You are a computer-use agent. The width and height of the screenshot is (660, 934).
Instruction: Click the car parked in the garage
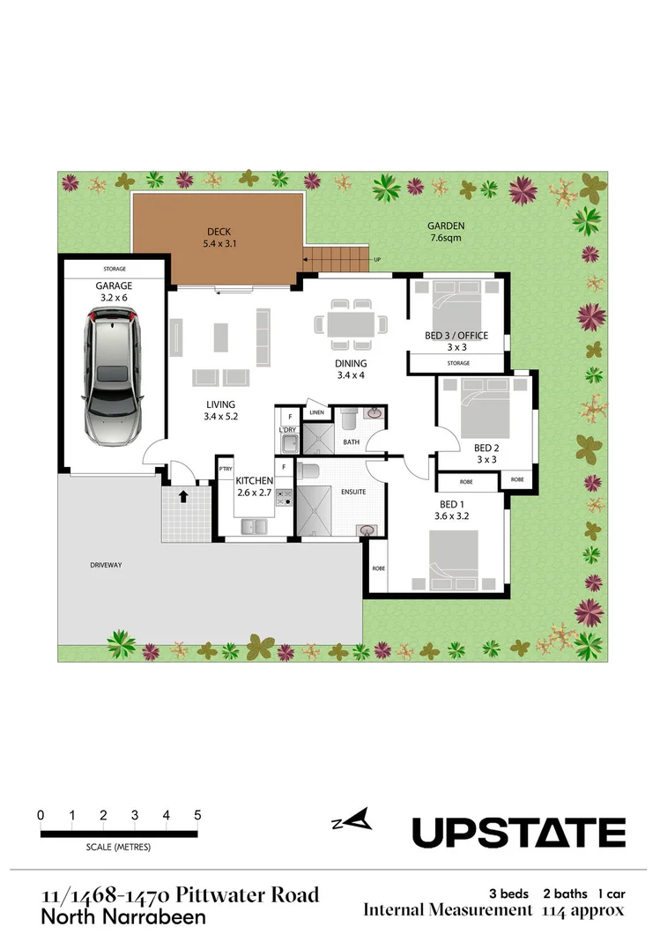click(x=113, y=376)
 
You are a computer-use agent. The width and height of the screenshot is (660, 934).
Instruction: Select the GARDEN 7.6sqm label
click(x=447, y=232)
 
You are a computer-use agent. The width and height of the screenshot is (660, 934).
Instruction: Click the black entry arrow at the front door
click(x=183, y=497)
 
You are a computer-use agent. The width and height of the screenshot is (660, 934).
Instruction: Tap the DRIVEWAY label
click(x=106, y=565)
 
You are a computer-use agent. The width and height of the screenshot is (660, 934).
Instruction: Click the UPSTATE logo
click(x=519, y=832)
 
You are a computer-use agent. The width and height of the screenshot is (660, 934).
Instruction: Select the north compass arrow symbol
click(x=352, y=821)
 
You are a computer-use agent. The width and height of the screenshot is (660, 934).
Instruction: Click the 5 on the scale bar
click(x=197, y=815)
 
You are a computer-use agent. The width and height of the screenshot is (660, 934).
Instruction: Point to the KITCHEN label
click(x=255, y=480)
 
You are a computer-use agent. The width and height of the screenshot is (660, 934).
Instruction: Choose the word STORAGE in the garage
click(x=114, y=269)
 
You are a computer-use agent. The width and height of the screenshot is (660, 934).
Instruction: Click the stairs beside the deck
click(x=337, y=259)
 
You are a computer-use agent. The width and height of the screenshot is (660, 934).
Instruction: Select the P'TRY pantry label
click(x=225, y=469)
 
